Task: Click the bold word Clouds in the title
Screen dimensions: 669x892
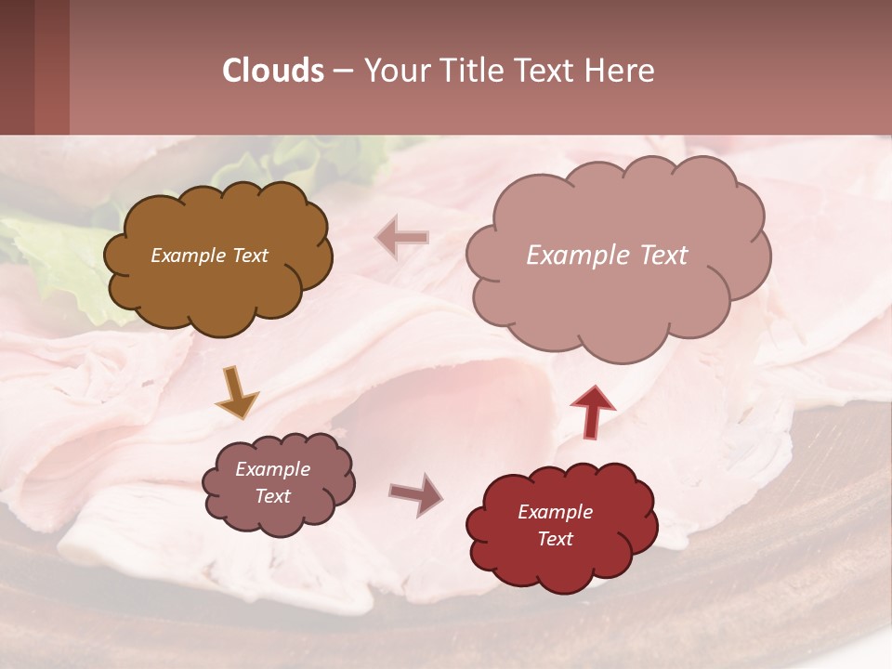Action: coord(273,71)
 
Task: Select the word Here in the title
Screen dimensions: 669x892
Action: coord(620,71)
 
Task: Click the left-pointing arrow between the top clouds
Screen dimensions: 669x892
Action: coord(401,238)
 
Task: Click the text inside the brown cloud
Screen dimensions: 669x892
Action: coord(209,256)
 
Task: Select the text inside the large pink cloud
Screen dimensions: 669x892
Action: coord(607,256)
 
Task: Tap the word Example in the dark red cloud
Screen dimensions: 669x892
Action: coord(555,512)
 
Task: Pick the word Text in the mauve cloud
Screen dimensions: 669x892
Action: coord(273,496)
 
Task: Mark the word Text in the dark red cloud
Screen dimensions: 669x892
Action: coord(555,539)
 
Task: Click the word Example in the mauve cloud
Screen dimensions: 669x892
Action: coord(273,469)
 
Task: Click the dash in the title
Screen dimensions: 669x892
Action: coord(342,71)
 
